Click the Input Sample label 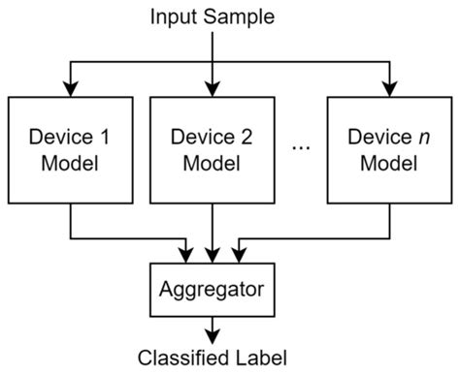(211, 16)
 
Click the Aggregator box (213, 288)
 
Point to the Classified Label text (213, 356)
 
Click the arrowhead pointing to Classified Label (213, 335)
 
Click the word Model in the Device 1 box (71, 162)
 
